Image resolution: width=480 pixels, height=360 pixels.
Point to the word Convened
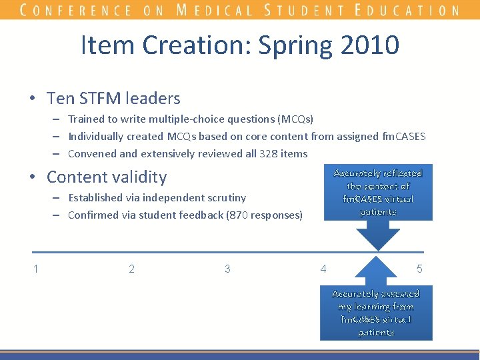93,154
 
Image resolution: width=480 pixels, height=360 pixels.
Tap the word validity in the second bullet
137,177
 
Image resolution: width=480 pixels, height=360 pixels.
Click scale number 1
35,269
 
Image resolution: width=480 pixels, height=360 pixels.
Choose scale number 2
131,269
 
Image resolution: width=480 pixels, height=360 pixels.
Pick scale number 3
227,269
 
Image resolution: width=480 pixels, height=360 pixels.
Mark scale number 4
323,269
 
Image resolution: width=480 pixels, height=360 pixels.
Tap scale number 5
419,269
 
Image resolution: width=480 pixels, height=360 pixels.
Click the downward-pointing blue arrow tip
378,248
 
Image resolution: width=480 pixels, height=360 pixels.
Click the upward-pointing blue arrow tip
378,257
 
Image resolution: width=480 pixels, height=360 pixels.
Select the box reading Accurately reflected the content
378,192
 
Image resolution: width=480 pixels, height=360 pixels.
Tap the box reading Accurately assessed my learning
376,313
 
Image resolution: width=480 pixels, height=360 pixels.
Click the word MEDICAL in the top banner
215,10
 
